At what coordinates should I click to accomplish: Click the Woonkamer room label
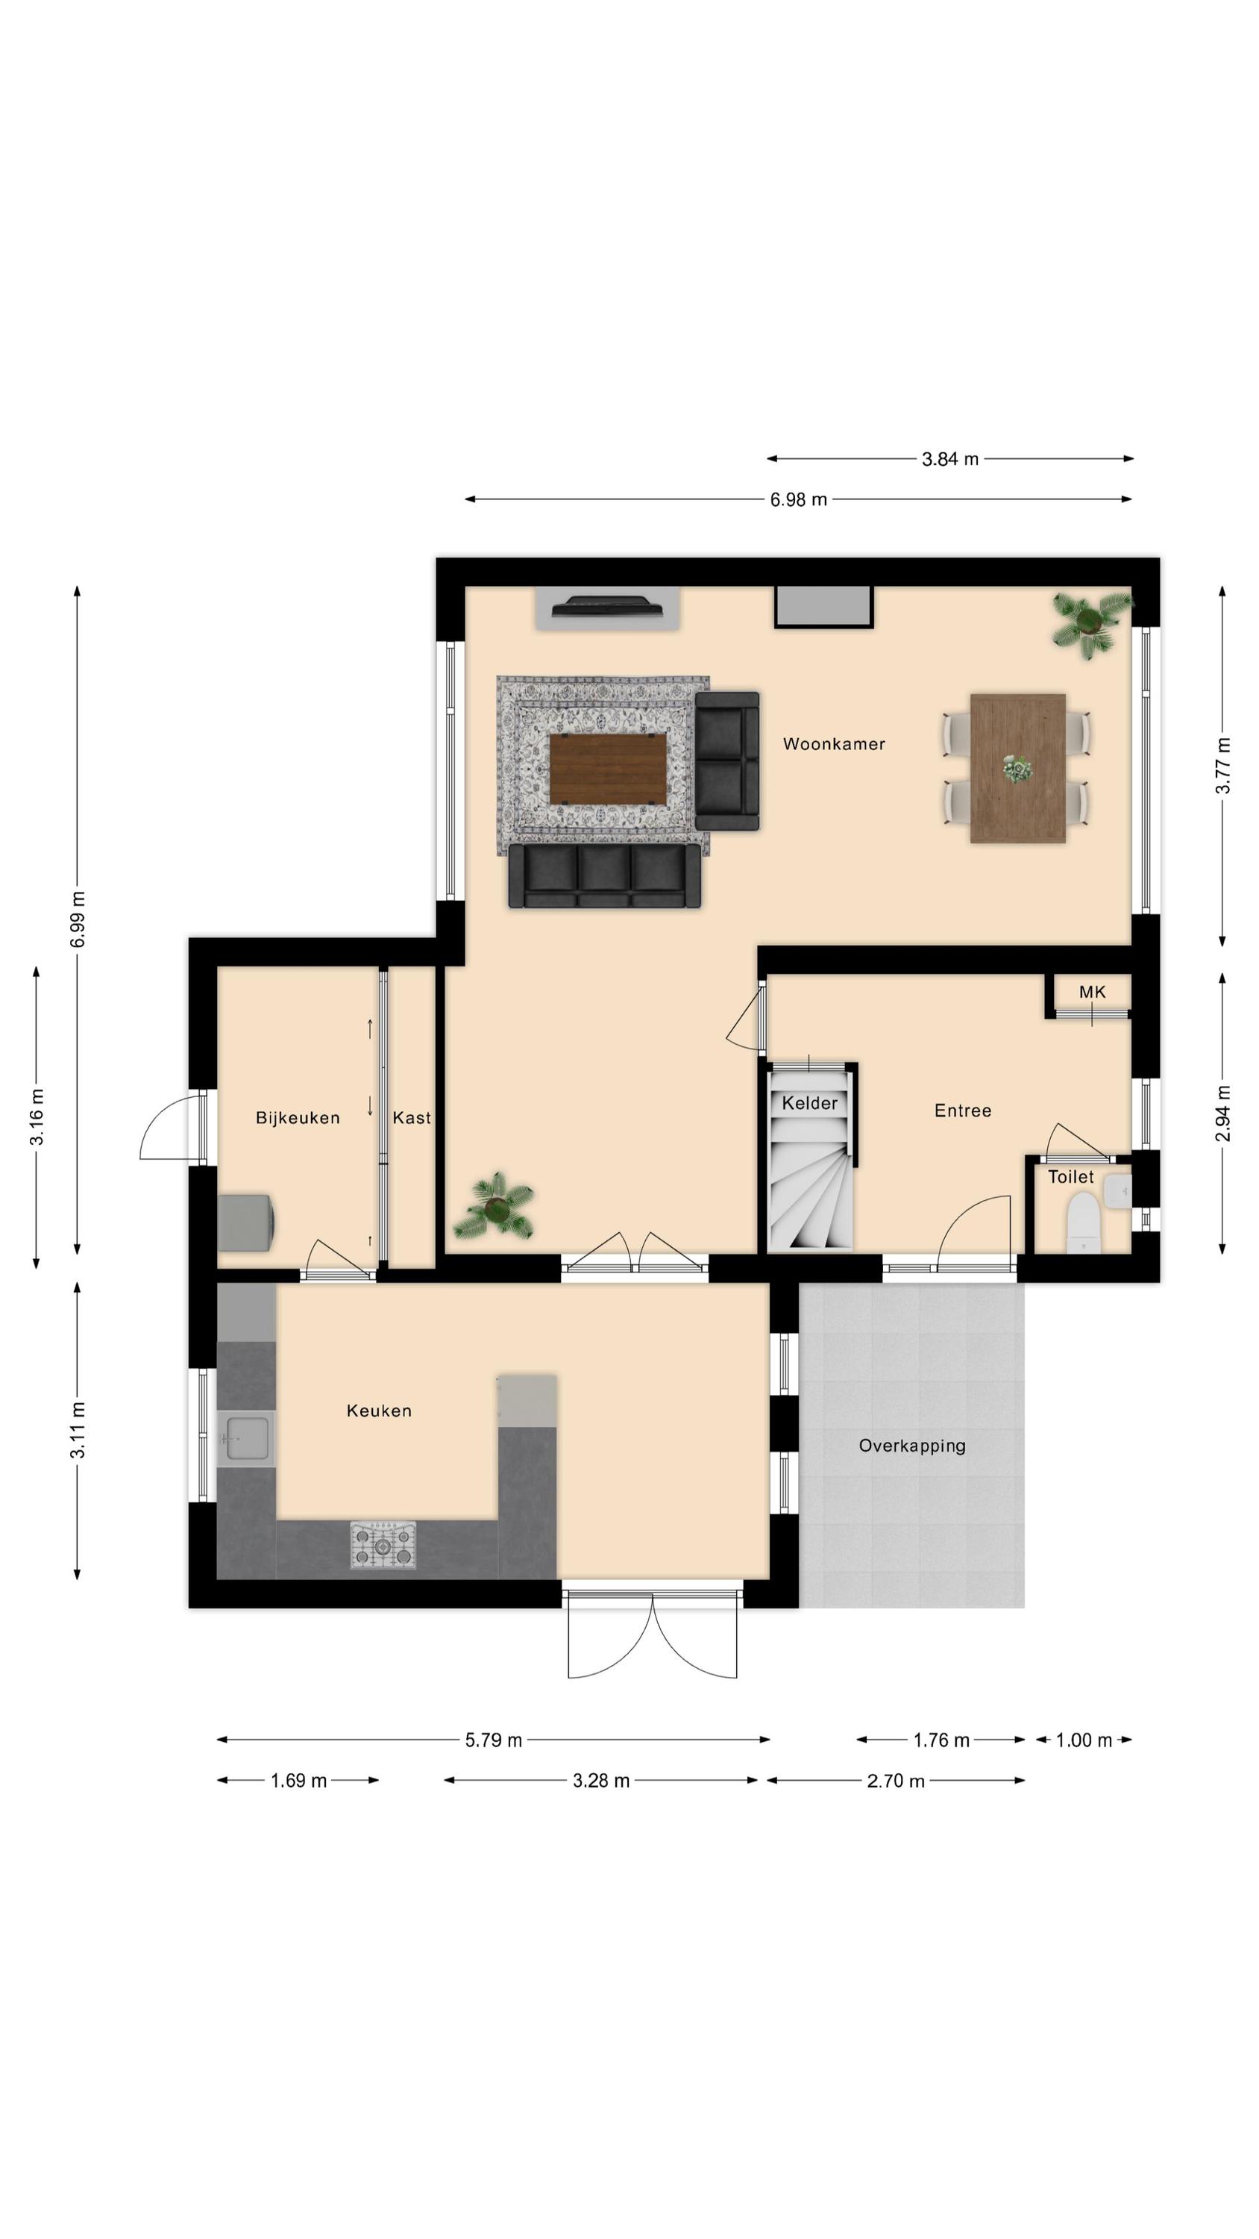(x=833, y=744)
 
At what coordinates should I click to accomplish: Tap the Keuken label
(x=379, y=1411)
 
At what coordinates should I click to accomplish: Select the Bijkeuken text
(x=297, y=1118)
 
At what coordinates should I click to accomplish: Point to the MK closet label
(x=1091, y=992)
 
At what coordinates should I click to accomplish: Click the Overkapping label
(x=911, y=1446)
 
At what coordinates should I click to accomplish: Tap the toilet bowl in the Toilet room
(x=1083, y=1222)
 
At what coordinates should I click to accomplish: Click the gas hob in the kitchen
(x=383, y=1544)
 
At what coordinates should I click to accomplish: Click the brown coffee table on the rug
(x=608, y=769)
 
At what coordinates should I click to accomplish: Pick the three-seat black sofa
(x=605, y=876)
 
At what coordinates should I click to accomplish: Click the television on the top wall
(x=607, y=605)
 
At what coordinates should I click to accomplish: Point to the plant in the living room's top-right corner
(x=1090, y=622)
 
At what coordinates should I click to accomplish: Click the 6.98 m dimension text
(x=799, y=500)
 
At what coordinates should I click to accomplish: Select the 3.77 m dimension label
(x=1222, y=766)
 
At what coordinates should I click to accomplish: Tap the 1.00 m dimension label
(x=1084, y=1740)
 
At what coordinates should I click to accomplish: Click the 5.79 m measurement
(x=494, y=1740)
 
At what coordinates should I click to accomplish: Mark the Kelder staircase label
(x=810, y=1103)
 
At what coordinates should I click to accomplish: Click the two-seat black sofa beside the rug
(x=727, y=761)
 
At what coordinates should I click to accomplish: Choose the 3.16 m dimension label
(x=37, y=1117)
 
